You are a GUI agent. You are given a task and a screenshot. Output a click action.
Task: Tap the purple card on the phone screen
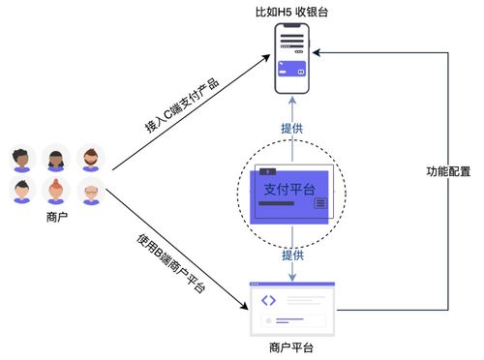click(x=292, y=70)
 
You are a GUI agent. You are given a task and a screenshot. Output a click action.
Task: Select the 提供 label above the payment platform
click(x=292, y=128)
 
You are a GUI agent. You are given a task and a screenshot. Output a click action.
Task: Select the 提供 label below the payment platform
click(x=292, y=255)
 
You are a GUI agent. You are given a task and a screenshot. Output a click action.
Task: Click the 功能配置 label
click(x=448, y=171)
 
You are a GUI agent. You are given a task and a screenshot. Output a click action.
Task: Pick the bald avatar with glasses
click(x=90, y=192)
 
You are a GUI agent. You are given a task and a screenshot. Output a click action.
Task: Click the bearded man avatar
click(x=90, y=157)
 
